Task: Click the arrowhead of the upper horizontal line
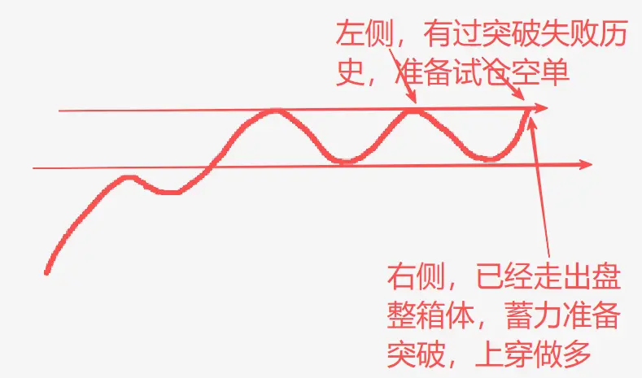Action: click(x=541, y=108)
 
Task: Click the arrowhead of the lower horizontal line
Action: click(x=586, y=164)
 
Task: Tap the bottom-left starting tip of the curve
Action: click(x=46, y=272)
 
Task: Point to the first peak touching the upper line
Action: click(x=275, y=111)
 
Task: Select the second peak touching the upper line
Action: click(x=413, y=111)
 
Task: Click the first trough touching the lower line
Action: click(x=345, y=161)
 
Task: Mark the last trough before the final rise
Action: click(x=488, y=159)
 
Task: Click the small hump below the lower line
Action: click(x=129, y=177)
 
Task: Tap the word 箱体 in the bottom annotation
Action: click(x=445, y=315)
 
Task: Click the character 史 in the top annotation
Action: click(x=350, y=73)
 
